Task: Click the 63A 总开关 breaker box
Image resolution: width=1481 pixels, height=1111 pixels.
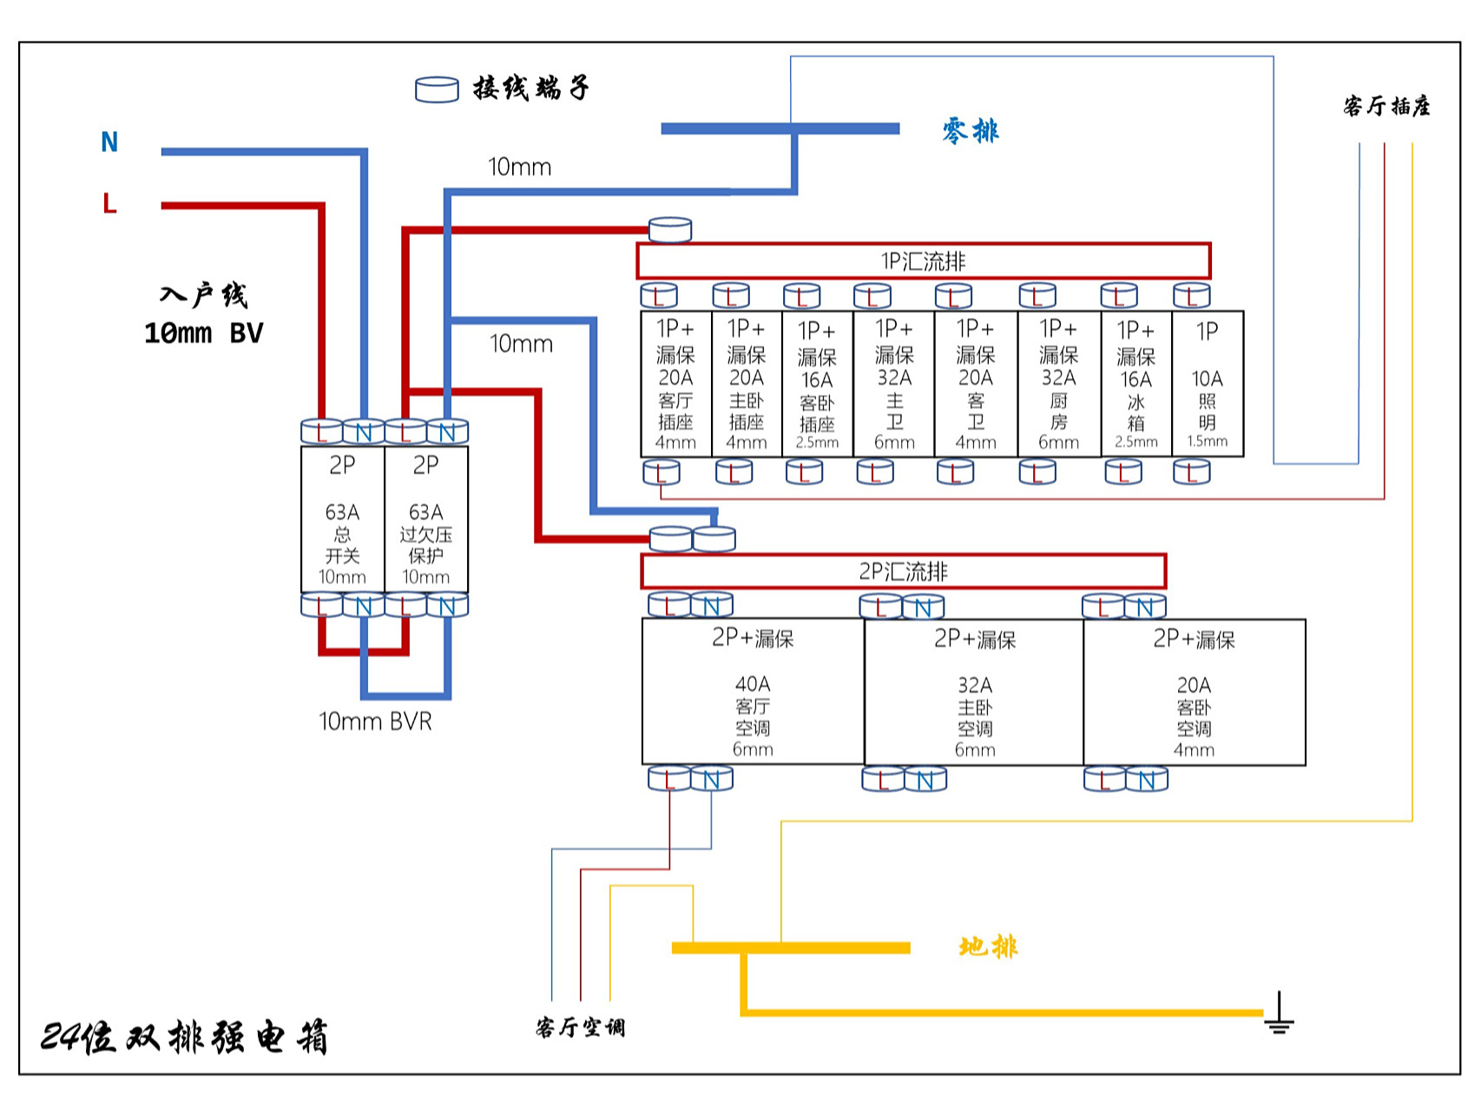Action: point(342,519)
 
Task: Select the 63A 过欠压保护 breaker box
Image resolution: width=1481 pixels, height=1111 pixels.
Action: point(426,519)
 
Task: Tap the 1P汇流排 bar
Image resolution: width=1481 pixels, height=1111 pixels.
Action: point(923,261)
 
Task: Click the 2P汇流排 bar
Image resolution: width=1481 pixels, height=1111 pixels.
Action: point(903,571)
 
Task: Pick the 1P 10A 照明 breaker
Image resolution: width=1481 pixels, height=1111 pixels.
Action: point(1208,385)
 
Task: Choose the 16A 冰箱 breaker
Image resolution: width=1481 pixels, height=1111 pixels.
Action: point(1136,385)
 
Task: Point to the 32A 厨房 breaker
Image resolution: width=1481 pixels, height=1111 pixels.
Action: point(1059,385)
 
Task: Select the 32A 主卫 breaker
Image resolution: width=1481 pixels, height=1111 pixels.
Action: point(894,385)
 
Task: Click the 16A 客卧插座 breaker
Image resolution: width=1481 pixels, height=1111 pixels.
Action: point(817,385)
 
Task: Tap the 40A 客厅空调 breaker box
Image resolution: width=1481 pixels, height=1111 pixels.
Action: point(753,692)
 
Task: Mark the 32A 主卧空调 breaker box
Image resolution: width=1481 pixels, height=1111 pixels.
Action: point(974,692)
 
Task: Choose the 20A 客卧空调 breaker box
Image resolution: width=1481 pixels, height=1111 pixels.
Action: point(1195,692)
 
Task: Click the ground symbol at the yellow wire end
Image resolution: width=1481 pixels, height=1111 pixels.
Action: point(1279,1015)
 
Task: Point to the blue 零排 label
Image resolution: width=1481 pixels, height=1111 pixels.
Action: point(971,131)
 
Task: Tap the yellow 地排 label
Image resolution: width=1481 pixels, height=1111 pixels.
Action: point(988,946)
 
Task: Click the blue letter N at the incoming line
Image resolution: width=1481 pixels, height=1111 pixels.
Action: point(109,142)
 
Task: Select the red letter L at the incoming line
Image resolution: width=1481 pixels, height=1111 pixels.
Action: point(109,204)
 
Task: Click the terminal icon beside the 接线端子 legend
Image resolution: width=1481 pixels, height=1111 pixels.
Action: point(437,89)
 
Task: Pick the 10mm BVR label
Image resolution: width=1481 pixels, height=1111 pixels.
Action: point(375,721)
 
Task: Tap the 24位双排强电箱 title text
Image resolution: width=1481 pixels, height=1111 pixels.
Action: point(184,1037)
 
